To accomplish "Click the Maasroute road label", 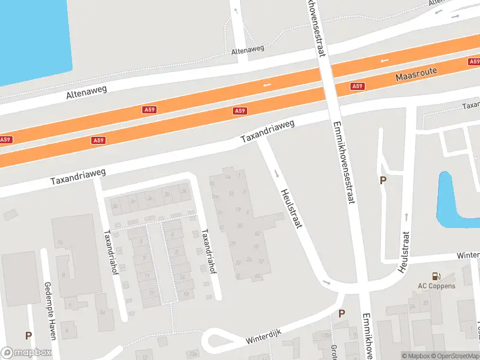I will [416, 74].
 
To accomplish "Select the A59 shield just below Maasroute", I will [358, 86].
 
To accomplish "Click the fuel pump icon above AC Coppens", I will [436, 277].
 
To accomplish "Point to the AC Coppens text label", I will [436, 286].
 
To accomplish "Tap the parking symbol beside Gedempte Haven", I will [28, 335].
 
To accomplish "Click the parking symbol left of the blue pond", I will [382, 180].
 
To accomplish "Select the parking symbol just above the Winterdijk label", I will [341, 313].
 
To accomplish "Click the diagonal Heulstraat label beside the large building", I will [290, 208].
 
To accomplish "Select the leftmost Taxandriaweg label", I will [78, 176].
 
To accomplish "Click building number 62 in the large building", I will [257, 233].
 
